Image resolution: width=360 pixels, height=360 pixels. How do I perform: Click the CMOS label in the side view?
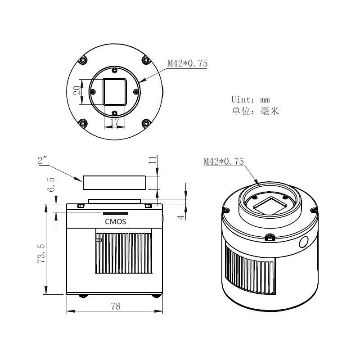(116, 221)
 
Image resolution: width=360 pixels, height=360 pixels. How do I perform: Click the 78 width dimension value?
(116, 306)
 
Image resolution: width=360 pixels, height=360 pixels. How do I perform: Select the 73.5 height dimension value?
(41, 253)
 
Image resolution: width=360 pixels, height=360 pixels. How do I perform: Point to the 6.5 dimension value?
(51, 184)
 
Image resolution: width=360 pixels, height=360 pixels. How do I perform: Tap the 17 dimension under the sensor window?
(115, 122)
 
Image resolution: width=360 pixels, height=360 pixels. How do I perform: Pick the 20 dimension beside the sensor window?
(77, 90)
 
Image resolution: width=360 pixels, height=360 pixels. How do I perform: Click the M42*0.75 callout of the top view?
(188, 63)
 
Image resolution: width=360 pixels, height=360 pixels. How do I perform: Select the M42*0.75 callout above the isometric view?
(224, 161)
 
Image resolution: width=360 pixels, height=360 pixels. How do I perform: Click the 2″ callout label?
(42, 160)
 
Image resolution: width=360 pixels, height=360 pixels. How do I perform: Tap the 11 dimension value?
(153, 160)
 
